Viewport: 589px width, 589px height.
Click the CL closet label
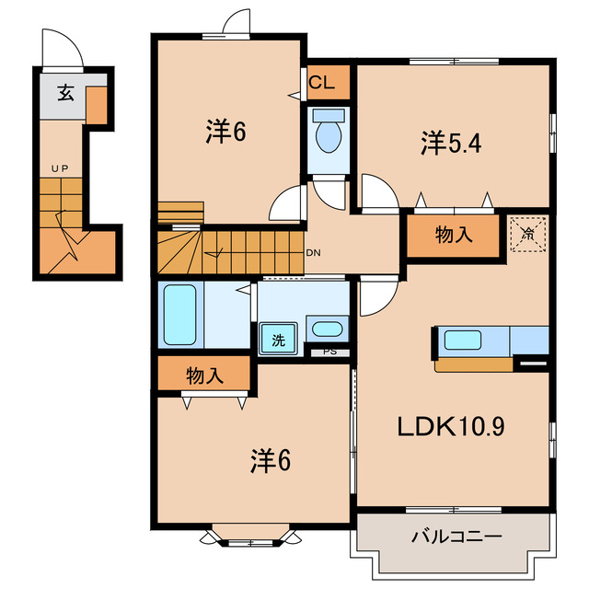tap(321, 82)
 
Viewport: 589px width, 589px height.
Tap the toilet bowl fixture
tap(329, 132)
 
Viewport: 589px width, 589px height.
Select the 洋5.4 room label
tap(451, 143)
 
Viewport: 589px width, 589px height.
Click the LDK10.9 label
tap(451, 426)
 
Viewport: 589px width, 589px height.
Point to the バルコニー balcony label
tap(456, 537)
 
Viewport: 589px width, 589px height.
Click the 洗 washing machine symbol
tap(278, 340)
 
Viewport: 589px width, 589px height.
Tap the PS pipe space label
tap(330, 352)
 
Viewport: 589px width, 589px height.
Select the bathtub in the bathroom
tap(180, 315)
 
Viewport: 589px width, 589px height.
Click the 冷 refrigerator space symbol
tap(527, 234)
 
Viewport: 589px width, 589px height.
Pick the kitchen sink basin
tap(463, 340)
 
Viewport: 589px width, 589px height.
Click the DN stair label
tap(313, 253)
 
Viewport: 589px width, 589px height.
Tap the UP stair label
tap(60, 168)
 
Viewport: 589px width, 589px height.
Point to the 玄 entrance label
tap(65, 93)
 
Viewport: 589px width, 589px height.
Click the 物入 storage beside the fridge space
tap(454, 236)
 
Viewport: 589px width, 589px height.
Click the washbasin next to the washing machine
tap(328, 329)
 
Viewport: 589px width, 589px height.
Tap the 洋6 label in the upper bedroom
tap(225, 132)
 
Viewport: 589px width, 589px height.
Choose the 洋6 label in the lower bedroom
tap(271, 460)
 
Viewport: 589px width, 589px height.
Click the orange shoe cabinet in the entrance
tap(97, 105)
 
